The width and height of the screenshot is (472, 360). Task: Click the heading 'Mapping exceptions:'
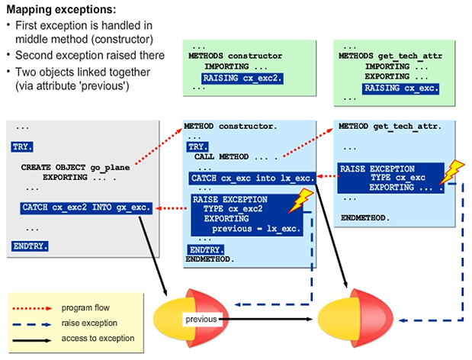point(61,10)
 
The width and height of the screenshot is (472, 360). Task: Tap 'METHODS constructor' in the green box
point(235,56)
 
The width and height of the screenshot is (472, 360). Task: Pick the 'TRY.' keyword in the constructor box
point(197,146)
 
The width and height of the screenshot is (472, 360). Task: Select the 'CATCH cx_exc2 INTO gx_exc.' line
point(86,207)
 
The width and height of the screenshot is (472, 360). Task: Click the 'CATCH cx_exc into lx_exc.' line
point(252,178)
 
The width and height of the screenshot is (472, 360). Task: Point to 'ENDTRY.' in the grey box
point(30,246)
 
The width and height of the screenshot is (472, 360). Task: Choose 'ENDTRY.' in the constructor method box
point(204,249)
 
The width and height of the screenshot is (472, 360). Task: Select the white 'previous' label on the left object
point(201,320)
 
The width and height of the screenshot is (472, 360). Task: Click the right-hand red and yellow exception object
point(355,320)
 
